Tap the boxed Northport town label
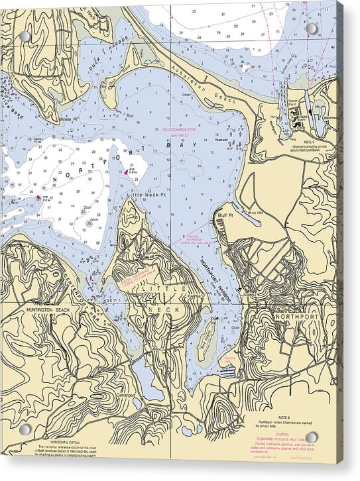coord(296,317)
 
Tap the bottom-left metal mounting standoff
coord(25,429)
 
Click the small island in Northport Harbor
coord(206,339)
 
